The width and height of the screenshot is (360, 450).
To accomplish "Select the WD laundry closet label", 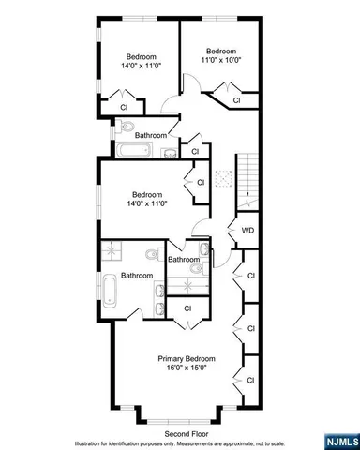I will [248, 230].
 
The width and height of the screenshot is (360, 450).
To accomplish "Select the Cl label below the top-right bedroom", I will [236, 99].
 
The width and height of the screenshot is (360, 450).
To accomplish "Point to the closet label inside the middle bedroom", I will [201, 182].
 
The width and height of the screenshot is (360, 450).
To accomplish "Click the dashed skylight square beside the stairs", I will [223, 179].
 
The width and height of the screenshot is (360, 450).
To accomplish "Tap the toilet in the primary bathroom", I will [151, 253].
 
